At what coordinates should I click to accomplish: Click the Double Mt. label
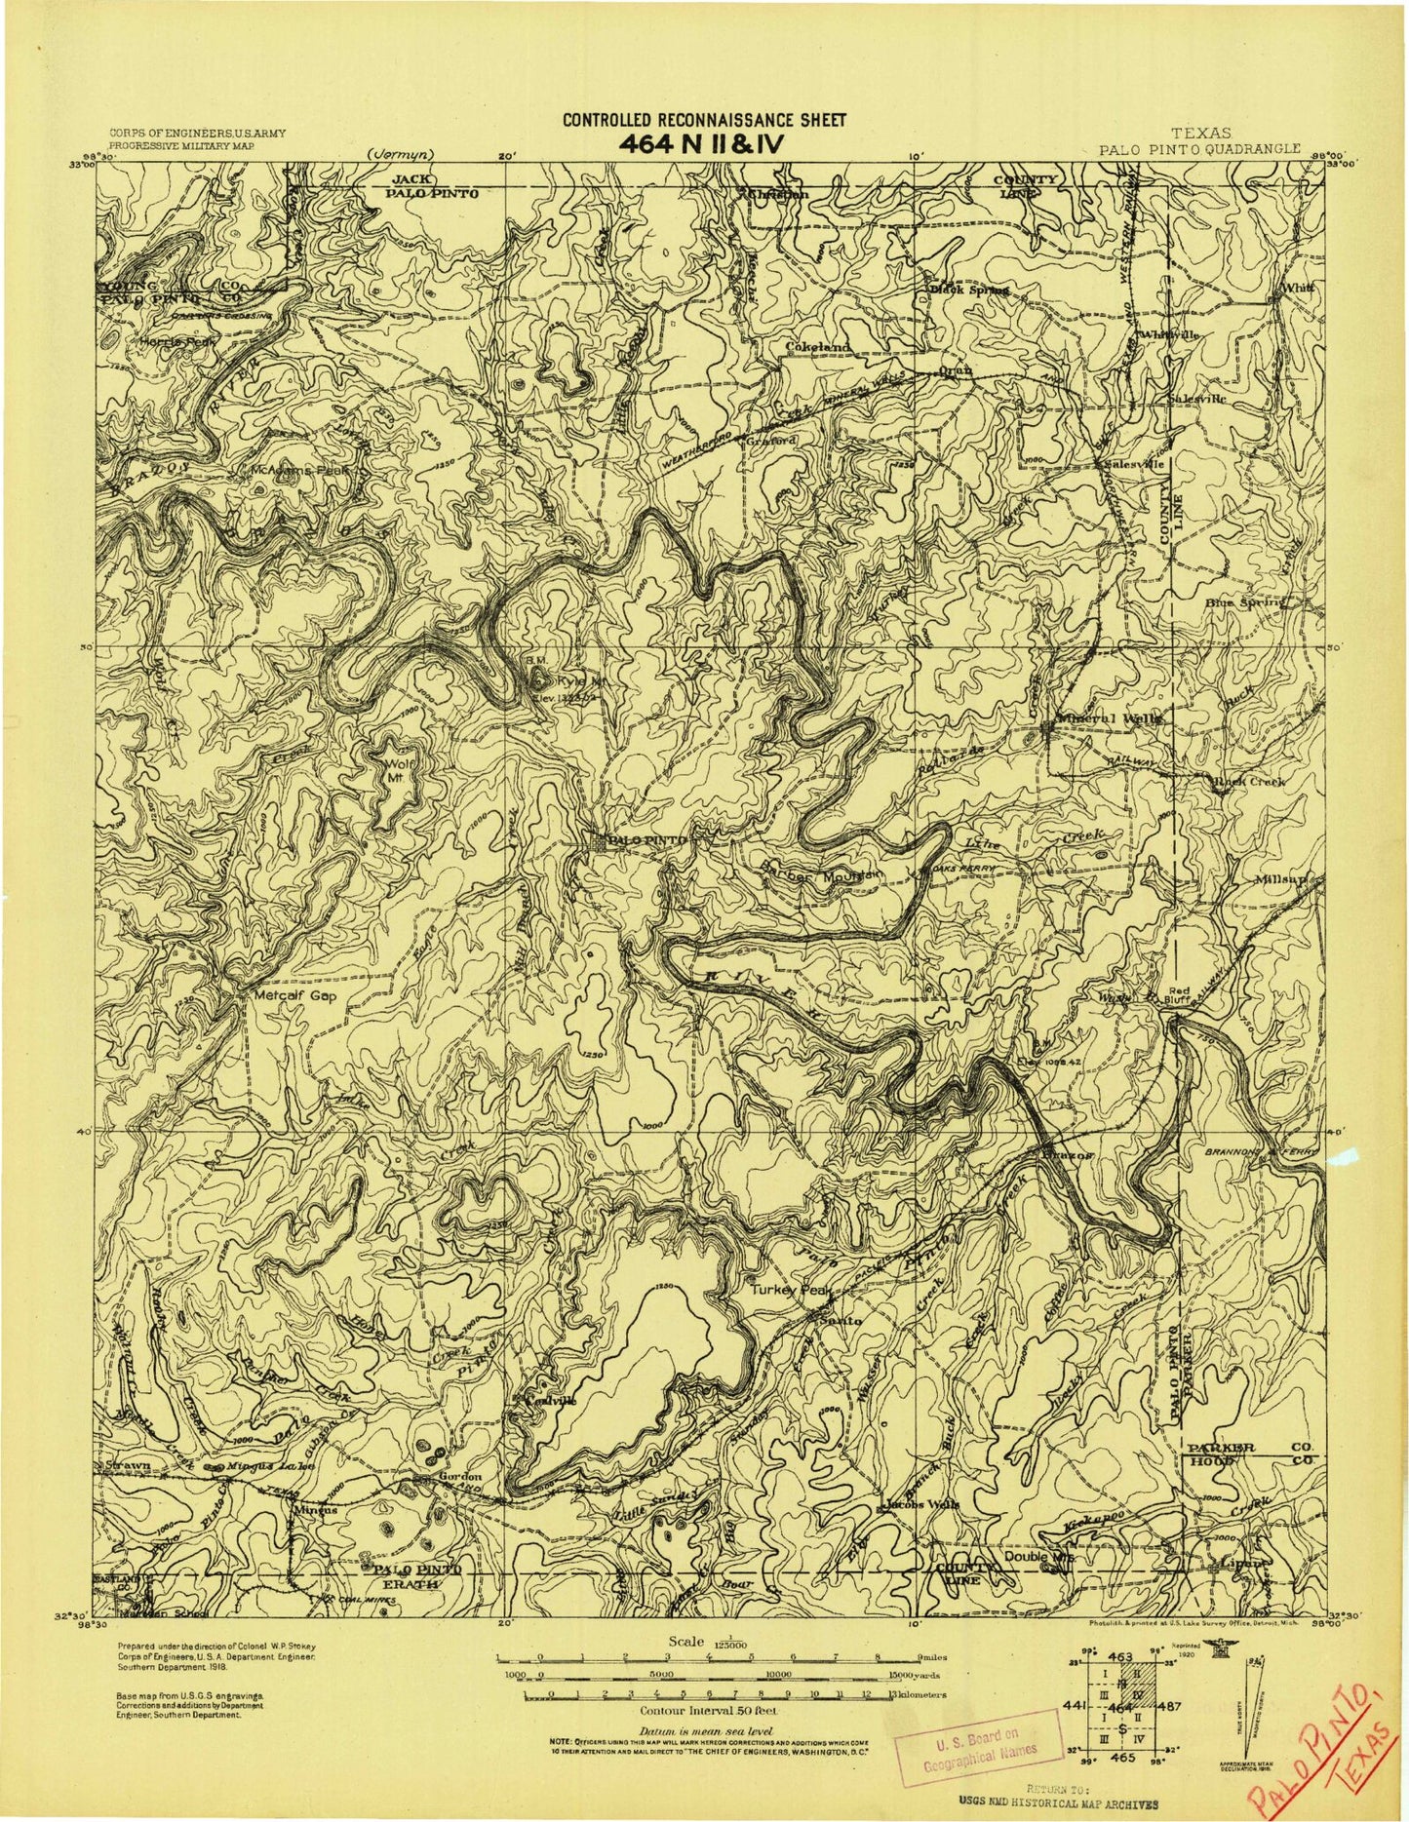(1044, 1557)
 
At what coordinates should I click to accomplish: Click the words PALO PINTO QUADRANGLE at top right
(1197, 149)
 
